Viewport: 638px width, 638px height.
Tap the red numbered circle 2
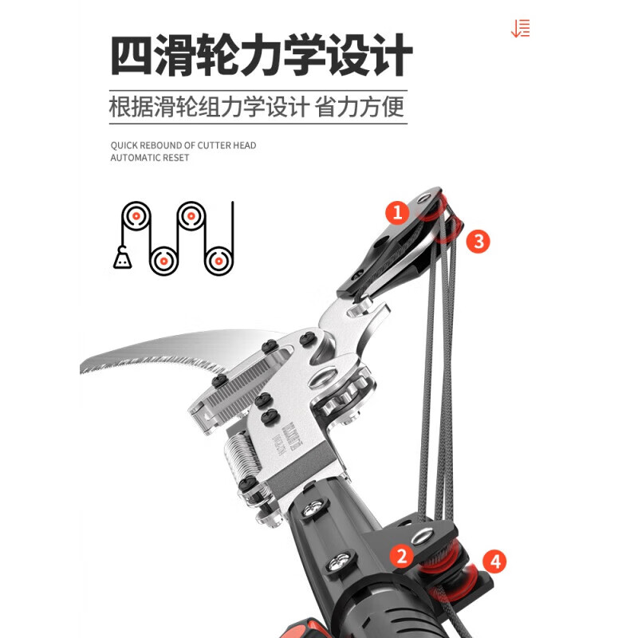coord(402,556)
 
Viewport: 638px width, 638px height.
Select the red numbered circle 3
coord(478,241)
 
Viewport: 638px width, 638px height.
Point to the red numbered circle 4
coord(495,561)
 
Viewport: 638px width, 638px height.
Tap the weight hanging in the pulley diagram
coord(122,258)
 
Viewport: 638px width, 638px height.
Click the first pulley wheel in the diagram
coord(136,216)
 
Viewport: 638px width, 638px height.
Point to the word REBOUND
coord(163,145)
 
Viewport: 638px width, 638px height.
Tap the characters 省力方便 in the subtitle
coord(360,106)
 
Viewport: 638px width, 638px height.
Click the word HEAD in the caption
coord(244,145)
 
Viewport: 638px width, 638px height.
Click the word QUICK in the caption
coord(124,145)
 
